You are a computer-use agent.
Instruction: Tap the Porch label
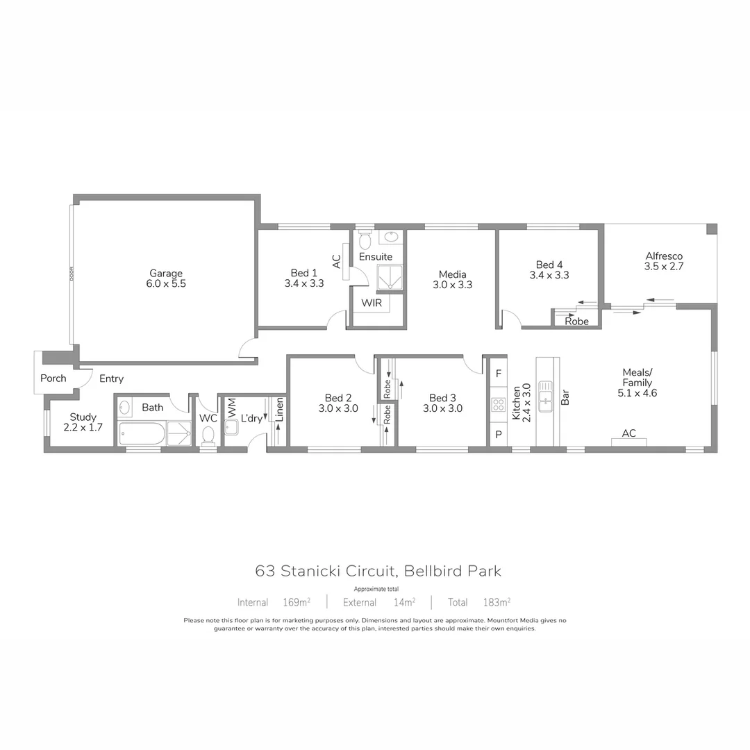coord(53,378)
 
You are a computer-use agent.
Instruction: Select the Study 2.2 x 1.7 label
coord(83,422)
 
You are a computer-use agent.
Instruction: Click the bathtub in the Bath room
coord(142,435)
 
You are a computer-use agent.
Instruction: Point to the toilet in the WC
coord(208,435)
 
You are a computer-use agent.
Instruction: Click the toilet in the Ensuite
coord(365,239)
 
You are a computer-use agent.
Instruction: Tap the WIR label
coord(370,303)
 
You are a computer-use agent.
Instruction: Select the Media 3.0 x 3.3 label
coord(452,279)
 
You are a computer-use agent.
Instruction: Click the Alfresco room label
coord(664,260)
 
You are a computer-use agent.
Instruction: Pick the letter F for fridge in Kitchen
coord(498,373)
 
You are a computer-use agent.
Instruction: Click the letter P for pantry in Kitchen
coord(498,435)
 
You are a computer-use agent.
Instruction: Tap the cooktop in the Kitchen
coord(498,404)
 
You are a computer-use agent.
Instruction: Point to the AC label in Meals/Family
coord(628,434)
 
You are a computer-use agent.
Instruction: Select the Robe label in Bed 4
coord(576,322)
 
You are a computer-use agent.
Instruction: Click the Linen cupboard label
coord(279,410)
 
